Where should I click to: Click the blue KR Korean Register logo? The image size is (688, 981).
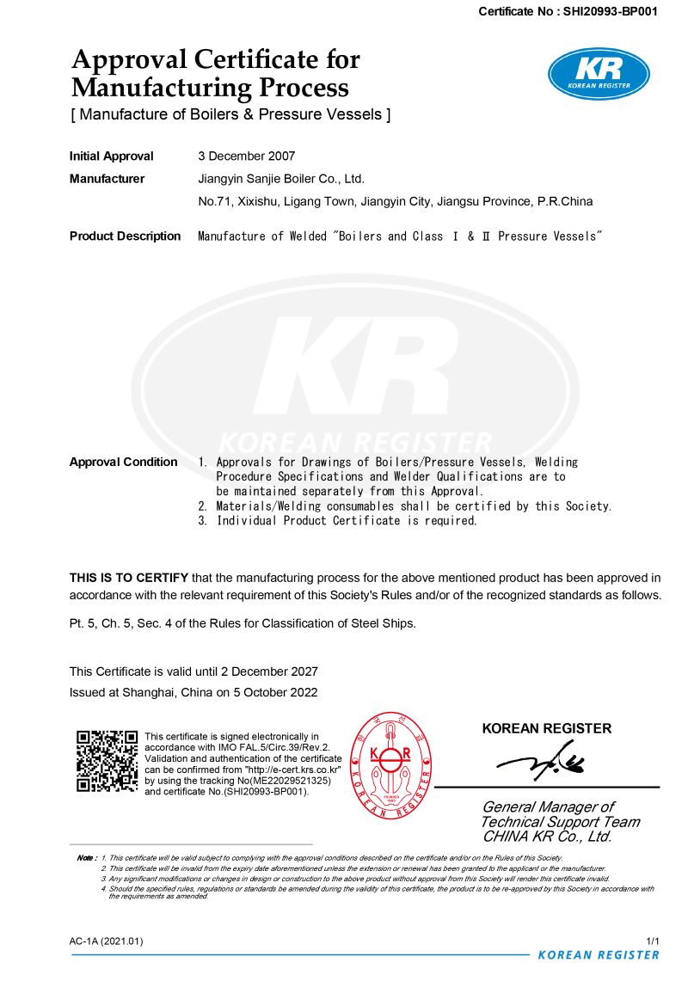(x=599, y=73)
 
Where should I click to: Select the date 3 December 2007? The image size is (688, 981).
(x=247, y=156)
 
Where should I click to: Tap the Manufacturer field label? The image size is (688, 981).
(x=107, y=179)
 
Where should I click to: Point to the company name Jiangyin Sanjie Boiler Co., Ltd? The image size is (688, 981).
(x=281, y=179)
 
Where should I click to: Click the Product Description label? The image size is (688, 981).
(x=125, y=236)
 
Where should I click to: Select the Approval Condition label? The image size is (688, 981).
(x=123, y=462)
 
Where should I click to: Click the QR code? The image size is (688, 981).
(x=107, y=761)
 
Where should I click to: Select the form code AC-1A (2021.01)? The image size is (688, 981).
(x=107, y=941)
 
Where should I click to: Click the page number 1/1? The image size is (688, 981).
(x=652, y=941)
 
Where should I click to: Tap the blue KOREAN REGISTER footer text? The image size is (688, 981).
(x=598, y=955)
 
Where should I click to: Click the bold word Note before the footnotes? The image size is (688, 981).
(x=86, y=858)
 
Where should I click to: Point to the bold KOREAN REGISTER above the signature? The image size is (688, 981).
(x=547, y=728)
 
